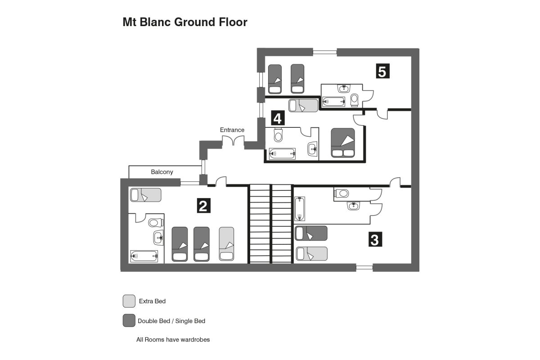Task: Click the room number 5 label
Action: (382, 71)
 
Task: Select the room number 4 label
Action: (278, 118)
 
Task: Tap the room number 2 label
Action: (204, 206)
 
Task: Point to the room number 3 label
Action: (375, 239)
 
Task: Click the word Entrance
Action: (232, 130)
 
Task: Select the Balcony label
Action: (162, 172)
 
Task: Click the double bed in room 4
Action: (343, 143)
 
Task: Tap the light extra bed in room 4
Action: (303, 105)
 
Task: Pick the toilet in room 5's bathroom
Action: (355, 100)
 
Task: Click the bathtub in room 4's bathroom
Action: (282, 153)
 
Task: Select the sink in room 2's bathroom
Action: (158, 238)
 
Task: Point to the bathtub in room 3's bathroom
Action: (300, 208)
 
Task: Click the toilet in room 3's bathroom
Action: (342, 193)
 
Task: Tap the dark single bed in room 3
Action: (311, 233)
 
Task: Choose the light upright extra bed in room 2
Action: (226, 244)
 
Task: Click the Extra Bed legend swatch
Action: (129, 301)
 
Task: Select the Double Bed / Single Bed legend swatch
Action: (129, 320)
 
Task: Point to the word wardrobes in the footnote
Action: (195, 339)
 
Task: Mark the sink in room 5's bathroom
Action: (344, 89)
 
